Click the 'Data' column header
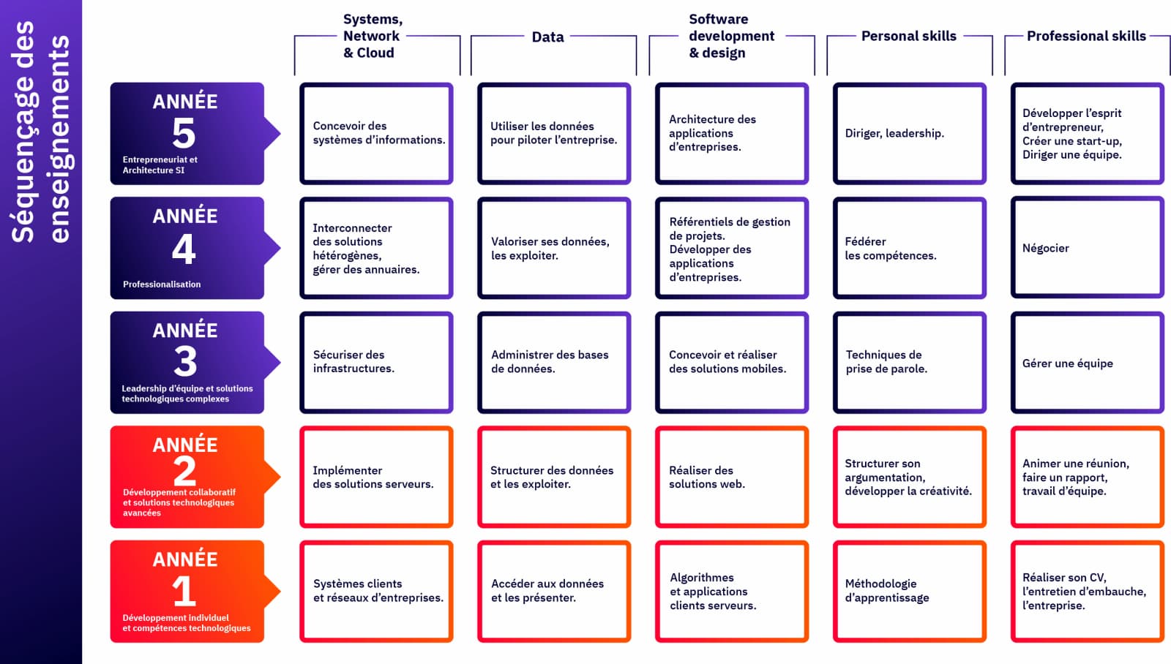coord(547,37)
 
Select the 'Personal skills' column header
coord(908,36)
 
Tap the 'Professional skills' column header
coord(1086,36)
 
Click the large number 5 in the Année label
coord(184,133)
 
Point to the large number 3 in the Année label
coord(185,361)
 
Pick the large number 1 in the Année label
coord(184,591)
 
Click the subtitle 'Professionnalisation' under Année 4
coord(162,284)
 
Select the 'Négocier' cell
coord(1087,248)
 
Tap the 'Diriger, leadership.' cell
coord(909,133)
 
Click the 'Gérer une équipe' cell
coord(1087,363)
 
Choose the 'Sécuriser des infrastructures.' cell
coord(376,362)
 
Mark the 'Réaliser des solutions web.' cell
coord(731,477)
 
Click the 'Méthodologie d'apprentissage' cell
coord(909,591)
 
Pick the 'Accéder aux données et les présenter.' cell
coord(554,591)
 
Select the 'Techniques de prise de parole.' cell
coord(909,362)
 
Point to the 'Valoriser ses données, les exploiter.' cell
coord(554,248)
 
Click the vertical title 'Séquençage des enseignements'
coord(40,132)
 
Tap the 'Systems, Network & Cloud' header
coord(372,36)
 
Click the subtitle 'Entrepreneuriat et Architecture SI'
coord(160,165)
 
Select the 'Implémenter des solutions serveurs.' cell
coord(376,477)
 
